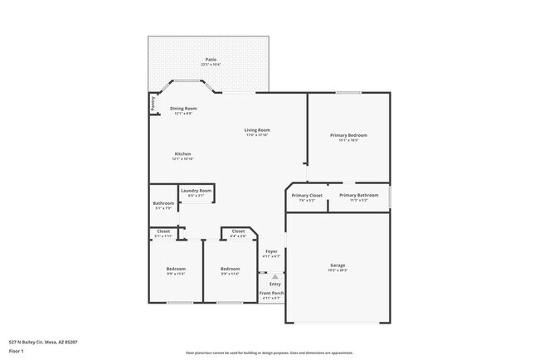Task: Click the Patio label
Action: click(x=211, y=60)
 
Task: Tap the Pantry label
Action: click(x=153, y=103)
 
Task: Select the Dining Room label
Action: click(x=183, y=109)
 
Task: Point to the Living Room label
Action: click(x=257, y=130)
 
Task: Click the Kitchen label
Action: click(x=183, y=154)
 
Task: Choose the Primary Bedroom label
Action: click(x=348, y=135)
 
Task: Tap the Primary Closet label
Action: click(x=307, y=196)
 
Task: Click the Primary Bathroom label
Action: click(x=358, y=196)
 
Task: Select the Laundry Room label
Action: click(x=197, y=191)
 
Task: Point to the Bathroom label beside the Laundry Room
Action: click(x=163, y=204)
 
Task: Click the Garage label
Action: click(x=337, y=265)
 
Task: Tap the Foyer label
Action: click(x=271, y=251)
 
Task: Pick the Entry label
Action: click(x=274, y=284)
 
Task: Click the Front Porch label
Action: click(x=271, y=294)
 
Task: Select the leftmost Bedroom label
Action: click(x=176, y=269)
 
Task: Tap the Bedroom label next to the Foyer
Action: click(x=230, y=269)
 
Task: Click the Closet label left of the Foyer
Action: click(x=238, y=231)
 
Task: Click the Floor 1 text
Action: click(x=17, y=350)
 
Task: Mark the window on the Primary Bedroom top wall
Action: click(x=348, y=92)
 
